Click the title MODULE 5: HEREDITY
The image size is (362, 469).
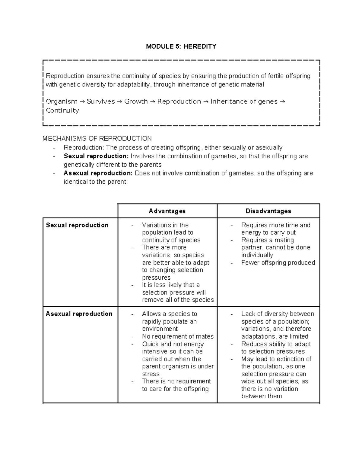pyautogui.click(x=181, y=47)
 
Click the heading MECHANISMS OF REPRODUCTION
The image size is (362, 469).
pyautogui.click(x=97, y=139)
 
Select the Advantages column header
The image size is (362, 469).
pyautogui.click(x=167, y=211)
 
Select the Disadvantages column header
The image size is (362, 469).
pyautogui.click(x=268, y=211)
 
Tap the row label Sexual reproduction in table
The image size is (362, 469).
pyautogui.click(x=77, y=225)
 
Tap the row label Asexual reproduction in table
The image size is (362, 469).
pyautogui.click(x=79, y=314)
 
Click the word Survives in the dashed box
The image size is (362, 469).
pyautogui.click(x=101, y=102)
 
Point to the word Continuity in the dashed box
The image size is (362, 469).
pyautogui.click(x=62, y=111)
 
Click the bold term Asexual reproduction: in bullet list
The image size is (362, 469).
pyautogui.click(x=98, y=173)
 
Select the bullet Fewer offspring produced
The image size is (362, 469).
pyautogui.click(x=278, y=263)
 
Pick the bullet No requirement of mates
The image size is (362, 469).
pyautogui.click(x=178, y=337)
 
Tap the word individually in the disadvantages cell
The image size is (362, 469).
pyautogui.click(x=257, y=255)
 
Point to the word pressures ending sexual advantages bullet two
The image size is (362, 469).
pyautogui.click(x=156, y=278)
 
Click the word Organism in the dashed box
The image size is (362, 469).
pyautogui.click(x=62, y=102)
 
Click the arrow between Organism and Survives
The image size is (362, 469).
pyautogui.click(x=82, y=102)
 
